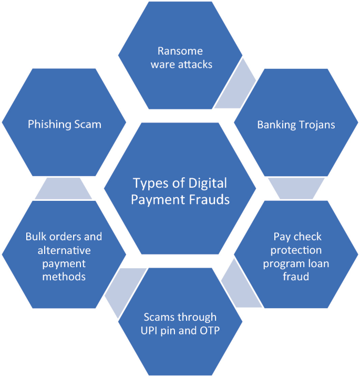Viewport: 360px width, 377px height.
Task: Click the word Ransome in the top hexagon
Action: pos(180,51)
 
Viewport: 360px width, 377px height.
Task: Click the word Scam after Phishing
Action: pos(88,125)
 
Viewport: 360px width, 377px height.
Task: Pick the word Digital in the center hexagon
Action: pos(209,184)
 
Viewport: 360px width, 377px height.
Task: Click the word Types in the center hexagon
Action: pos(149,184)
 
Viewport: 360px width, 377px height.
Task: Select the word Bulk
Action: pos(35,236)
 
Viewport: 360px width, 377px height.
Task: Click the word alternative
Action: pos(64,249)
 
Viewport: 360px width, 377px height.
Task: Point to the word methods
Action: pos(64,276)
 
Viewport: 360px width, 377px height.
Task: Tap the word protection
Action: pos(297,250)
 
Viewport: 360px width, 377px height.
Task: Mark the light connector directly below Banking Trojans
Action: pos(296,188)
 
